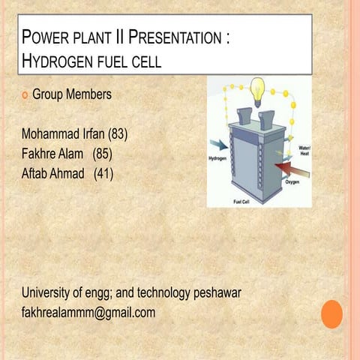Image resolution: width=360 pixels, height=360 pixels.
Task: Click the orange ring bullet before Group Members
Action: point(25,95)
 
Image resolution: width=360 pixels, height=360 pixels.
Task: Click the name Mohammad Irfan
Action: point(63,135)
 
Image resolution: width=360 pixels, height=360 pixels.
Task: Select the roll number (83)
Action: point(118,135)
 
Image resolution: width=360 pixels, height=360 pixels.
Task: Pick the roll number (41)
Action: point(103,174)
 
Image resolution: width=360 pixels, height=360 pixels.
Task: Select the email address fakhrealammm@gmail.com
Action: point(88,312)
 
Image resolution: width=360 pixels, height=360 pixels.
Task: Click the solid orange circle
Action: point(331,314)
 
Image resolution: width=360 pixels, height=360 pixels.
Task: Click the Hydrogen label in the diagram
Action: point(217,159)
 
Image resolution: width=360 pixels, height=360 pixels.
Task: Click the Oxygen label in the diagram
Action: point(292,182)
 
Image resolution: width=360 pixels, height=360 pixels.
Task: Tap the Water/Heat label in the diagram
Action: point(304,151)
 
